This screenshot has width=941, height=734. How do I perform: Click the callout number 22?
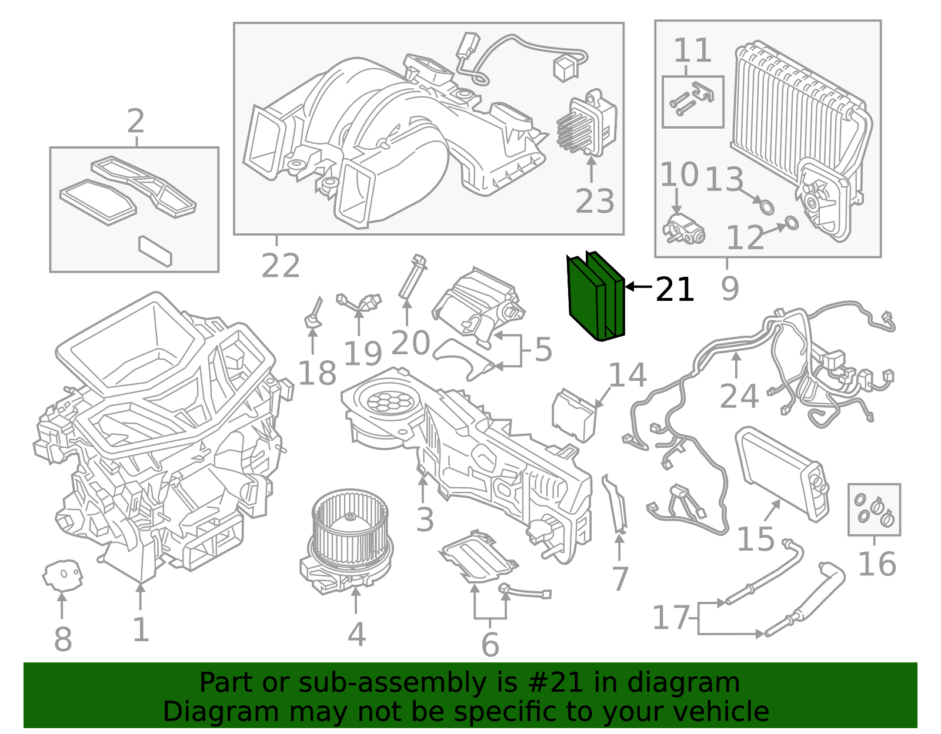[x=281, y=266]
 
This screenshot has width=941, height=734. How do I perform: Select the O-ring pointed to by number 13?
[x=766, y=206]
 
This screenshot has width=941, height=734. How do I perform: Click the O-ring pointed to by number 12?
[x=792, y=223]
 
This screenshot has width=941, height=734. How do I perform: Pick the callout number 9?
[x=729, y=288]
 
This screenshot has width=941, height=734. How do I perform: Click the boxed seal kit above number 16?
[x=874, y=510]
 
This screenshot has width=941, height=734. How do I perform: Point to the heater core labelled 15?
[x=782, y=473]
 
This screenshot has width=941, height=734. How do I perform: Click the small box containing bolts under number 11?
[x=692, y=102]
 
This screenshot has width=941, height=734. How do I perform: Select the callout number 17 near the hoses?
[x=670, y=618]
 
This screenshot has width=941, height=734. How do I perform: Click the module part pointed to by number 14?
[x=573, y=414]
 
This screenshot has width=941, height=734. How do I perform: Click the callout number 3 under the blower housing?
[x=425, y=520]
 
